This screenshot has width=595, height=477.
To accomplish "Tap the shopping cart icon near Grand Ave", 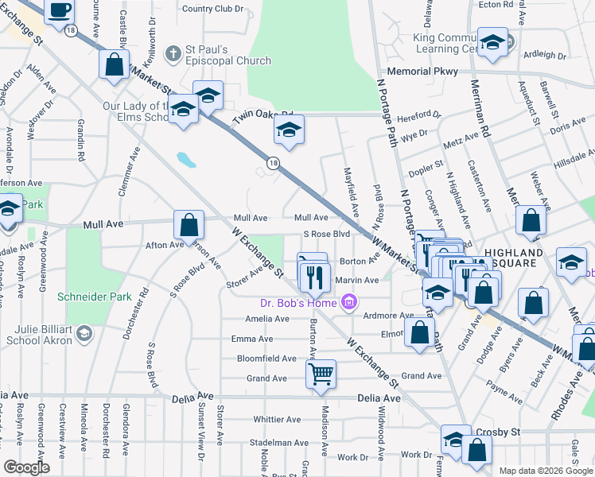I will tap(321, 373).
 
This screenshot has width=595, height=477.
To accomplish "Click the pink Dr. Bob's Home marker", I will tap(348, 301).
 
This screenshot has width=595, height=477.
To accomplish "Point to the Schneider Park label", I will tap(87, 297).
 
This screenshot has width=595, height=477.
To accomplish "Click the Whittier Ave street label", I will tap(276, 419).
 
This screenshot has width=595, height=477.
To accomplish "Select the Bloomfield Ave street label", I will tap(266, 359).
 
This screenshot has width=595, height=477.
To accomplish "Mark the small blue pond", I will tap(186, 160).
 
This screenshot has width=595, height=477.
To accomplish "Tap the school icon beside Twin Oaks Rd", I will tap(290, 130).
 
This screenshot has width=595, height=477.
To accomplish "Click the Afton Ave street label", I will tap(164, 245).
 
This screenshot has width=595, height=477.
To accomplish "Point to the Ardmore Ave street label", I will tap(388, 316).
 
